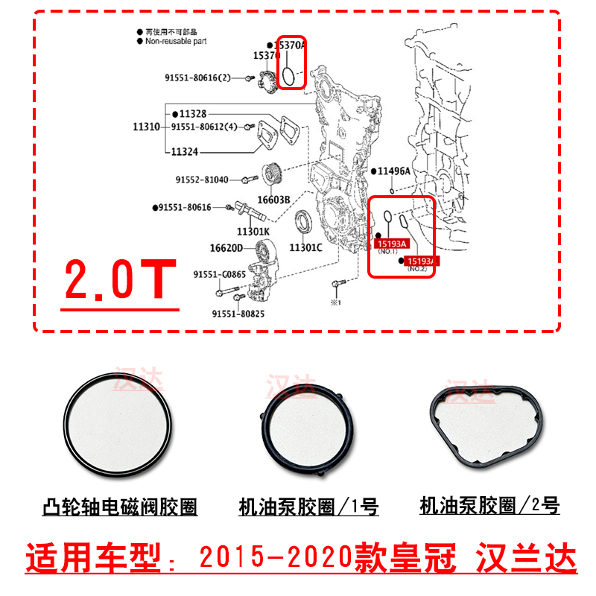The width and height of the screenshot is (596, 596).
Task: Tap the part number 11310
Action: [x=146, y=127]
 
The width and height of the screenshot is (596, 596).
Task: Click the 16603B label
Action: [x=273, y=200]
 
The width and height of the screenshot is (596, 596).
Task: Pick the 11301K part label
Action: [x=253, y=231]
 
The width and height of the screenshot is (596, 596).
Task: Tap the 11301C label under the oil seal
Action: [x=305, y=247]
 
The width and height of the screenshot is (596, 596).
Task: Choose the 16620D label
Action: [x=228, y=248]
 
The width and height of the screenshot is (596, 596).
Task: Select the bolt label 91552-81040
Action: [x=202, y=180]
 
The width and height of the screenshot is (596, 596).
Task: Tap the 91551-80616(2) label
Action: [x=199, y=77]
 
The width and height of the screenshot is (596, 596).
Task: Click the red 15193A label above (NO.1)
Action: [x=392, y=243]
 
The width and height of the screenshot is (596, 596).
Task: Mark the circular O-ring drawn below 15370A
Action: [x=288, y=72]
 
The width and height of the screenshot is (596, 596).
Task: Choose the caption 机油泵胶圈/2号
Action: [x=489, y=507]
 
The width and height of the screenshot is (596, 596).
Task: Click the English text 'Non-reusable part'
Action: [x=177, y=42]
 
